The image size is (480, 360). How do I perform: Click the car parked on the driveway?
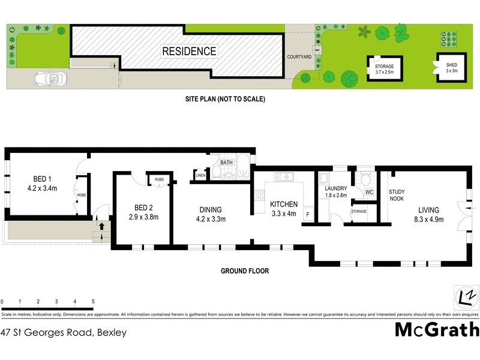click(x=50, y=79)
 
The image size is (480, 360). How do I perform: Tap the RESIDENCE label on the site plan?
click(x=189, y=52)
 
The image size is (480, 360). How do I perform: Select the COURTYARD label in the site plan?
click(x=299, y=57)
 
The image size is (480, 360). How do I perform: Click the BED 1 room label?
click(x=41, y=183)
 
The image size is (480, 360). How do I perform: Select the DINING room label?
click(x=212, y=214)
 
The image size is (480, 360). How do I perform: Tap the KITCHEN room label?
click(x=284, y=209)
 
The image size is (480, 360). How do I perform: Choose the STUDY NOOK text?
click(x=397, y=194)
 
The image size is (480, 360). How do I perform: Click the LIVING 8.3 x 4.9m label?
click(x=429, y=214)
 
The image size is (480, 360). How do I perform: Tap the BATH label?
click(x=226, y=163)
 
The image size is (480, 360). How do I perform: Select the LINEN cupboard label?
click(x=200, y=175)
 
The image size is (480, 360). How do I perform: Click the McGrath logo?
click(x=436, y=329)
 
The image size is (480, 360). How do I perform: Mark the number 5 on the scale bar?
click(x=93, y=301)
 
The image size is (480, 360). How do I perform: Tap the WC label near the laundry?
click(x=369, y=192)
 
